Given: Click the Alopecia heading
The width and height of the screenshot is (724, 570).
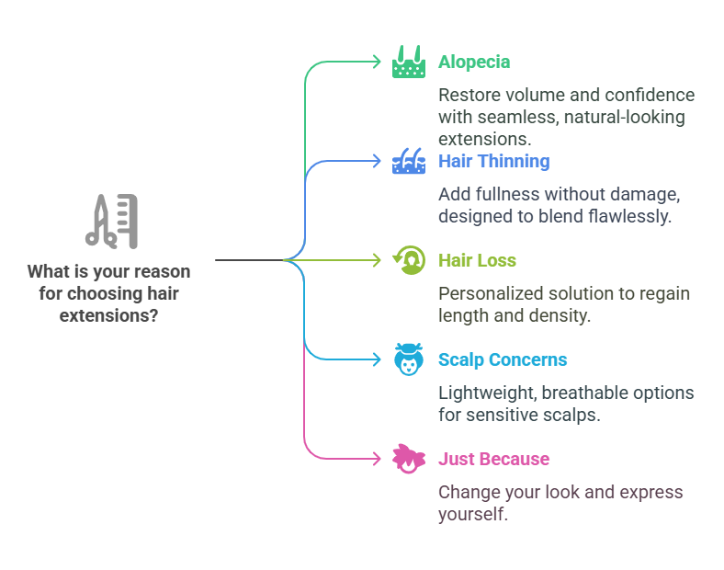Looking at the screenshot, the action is (x=474, y=62).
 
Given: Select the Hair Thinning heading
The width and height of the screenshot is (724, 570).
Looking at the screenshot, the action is (x=494, y=161).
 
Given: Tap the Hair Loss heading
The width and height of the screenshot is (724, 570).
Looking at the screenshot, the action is (x=477, y=260).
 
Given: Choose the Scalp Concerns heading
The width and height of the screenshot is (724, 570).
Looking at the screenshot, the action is (x=503, y=359).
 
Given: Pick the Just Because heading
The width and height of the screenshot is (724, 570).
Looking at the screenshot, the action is (x=493, y=459).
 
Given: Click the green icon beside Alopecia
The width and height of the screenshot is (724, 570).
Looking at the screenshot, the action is (x=409, y=62).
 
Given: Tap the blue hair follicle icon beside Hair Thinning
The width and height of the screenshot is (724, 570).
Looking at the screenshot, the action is (x=409, y=161).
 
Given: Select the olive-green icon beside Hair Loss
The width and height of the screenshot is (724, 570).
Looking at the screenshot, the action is (x=409, y=260).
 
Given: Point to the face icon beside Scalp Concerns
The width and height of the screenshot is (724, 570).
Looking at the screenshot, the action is (x=409, y=359).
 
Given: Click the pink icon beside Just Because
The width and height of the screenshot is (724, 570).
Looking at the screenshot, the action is (x=409, y=459).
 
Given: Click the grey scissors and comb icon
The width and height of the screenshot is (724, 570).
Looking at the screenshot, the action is (x=111, y=222).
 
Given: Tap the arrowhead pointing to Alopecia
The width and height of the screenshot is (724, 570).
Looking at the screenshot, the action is (x=377, y=62).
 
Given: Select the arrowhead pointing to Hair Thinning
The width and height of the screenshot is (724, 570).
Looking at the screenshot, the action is (x=377, y=161).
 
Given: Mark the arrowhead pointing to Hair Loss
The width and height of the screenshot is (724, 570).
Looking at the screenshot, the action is (x=377, y=260).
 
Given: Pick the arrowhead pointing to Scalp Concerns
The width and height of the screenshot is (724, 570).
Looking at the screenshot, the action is (x=377, y=359).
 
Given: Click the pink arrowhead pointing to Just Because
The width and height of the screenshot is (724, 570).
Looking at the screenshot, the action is (x=377, y=459).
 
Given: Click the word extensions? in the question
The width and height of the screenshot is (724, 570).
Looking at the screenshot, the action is (x=108, y=316).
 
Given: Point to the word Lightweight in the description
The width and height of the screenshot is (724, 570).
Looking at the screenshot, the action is (x=487, y=393).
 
